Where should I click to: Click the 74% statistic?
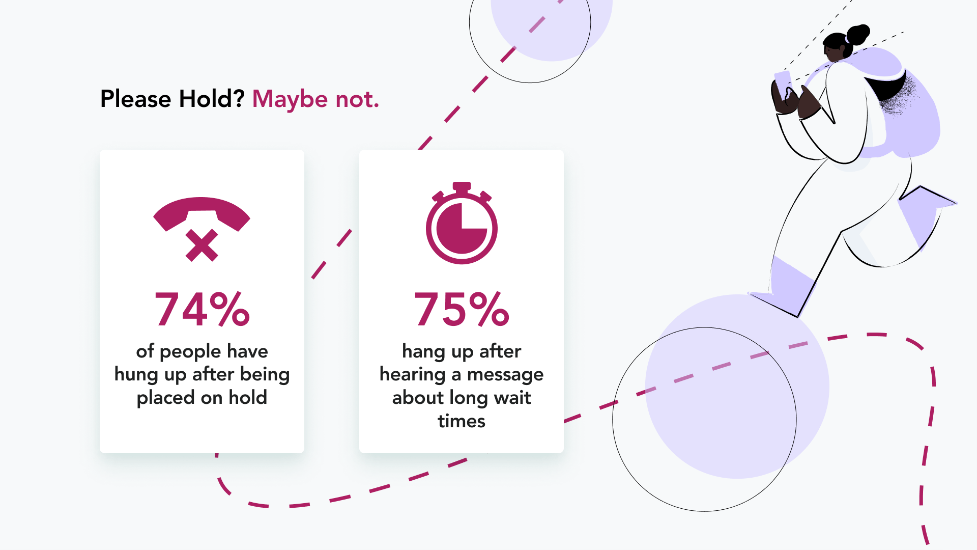pyautogui.click(x=202, y=309)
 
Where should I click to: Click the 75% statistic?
pyautogui.click(x=462, y=309)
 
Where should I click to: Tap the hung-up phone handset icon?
pyautogui.click(x=202, y=214)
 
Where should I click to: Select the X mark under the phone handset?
pyautogui.click(x=202, y=245)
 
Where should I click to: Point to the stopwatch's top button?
pyautogui.click(x=462, y=187)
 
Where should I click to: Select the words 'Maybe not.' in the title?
pyautogui.click(x=316, y=99)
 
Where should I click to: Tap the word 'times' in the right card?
pyautogui.click(x=462, y=421)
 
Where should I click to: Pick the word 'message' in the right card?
pyautogui.click(x=505, y=375)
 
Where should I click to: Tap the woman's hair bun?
pyautogui.click(x=858, y=34)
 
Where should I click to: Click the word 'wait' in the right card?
pyautogui.click(x=512, y=398)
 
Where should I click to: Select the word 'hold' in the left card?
pyautogui.click(x=248, y=397)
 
